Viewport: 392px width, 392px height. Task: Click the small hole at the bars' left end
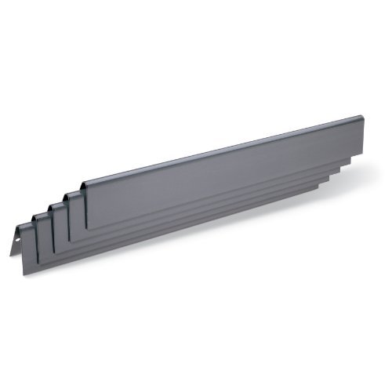16,235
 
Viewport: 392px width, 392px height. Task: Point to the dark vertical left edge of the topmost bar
85,208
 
